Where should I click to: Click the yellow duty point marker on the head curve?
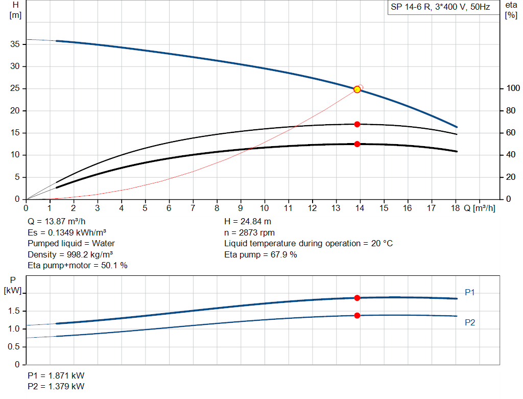(357, 89)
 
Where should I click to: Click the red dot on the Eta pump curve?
(357, 124)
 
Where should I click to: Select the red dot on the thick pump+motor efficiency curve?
(357, 144)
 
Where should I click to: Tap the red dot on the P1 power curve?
(357, 298)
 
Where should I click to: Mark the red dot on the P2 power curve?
(357, 315)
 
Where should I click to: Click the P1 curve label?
(470, 292)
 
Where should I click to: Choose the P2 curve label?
(470, 322)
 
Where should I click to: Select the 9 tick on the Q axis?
(241, 208)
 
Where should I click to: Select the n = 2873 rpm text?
(249, 232)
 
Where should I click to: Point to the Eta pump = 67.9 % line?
(260, 254)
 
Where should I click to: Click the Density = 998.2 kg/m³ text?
(70, 254)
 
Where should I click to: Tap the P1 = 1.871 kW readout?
(56, 375)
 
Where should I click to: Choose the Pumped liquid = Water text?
(71, 243)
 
